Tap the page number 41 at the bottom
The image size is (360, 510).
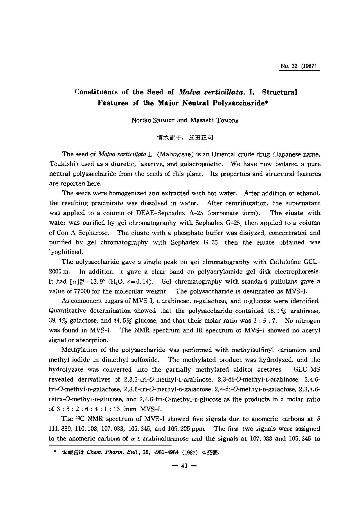184,466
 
